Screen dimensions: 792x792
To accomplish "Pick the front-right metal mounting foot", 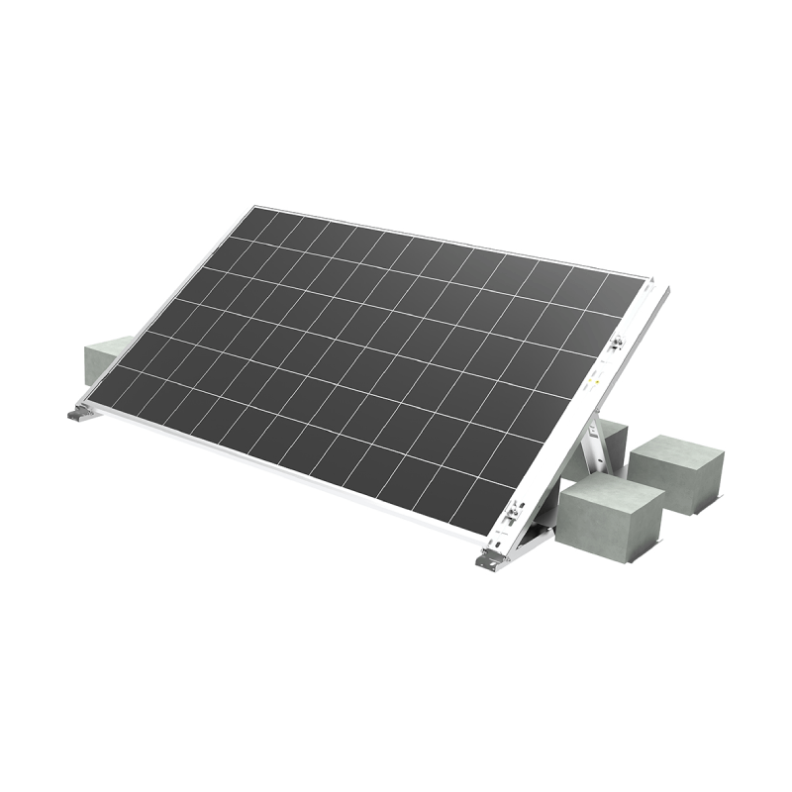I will click(489, 560).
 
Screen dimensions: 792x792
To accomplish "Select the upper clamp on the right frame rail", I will click(616, 346).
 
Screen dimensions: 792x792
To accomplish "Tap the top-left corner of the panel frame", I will click(251, 207).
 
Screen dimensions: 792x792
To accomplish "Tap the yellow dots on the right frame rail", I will click(595, 380).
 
